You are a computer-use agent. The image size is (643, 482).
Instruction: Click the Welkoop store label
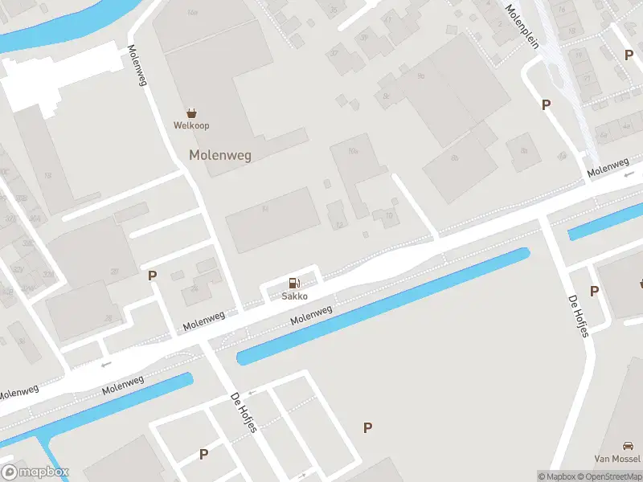[192, 125]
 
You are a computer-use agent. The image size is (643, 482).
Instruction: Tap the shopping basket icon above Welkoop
[192, 113]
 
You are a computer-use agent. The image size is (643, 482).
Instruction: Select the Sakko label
[295, 296]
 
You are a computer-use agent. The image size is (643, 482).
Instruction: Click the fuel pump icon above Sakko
[295, 283]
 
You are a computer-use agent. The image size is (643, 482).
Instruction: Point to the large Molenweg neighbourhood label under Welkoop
[220, 155]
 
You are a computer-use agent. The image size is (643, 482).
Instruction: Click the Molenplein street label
[521, 26]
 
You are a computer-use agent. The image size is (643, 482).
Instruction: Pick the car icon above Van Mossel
[628, 446]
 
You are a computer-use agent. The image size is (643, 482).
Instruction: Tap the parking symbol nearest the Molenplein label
[547, 104]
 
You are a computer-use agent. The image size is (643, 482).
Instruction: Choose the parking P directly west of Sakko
[152, 276]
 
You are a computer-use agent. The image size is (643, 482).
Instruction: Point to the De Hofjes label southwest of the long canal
[244, 412]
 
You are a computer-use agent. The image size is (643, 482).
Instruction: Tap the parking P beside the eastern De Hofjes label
[595, 291]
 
